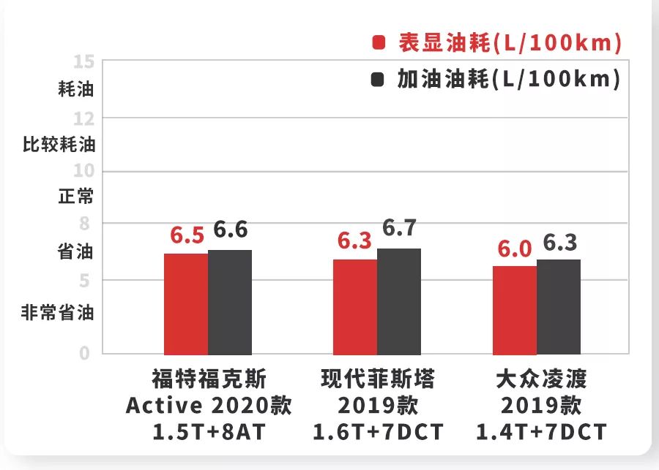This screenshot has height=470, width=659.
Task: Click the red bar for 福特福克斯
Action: (186, 303)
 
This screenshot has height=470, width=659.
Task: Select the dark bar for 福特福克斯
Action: (230, 302)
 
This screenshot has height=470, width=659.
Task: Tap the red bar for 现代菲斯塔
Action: (355, 306)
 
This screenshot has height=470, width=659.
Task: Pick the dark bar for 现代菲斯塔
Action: (399, 301)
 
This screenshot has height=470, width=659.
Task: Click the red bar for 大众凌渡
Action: (515, 310)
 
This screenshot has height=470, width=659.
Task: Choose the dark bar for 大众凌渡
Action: (559, 306)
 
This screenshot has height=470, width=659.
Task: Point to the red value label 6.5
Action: (187, 236)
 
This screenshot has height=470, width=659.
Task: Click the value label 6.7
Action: (399, 228)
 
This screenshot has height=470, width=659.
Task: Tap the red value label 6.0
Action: (514, 249)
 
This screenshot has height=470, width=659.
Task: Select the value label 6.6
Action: (231, 230)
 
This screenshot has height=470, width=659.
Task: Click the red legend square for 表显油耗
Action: (378, 43)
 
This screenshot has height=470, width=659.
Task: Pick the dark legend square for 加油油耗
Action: (378, 79)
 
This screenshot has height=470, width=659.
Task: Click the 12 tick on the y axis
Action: (84, 118)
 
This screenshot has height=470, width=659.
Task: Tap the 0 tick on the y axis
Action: (85, 354)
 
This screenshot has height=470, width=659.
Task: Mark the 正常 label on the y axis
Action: (76, 197)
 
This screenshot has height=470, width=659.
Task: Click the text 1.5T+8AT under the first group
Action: (209, 432)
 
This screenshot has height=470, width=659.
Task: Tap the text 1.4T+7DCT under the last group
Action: (542, 432)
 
